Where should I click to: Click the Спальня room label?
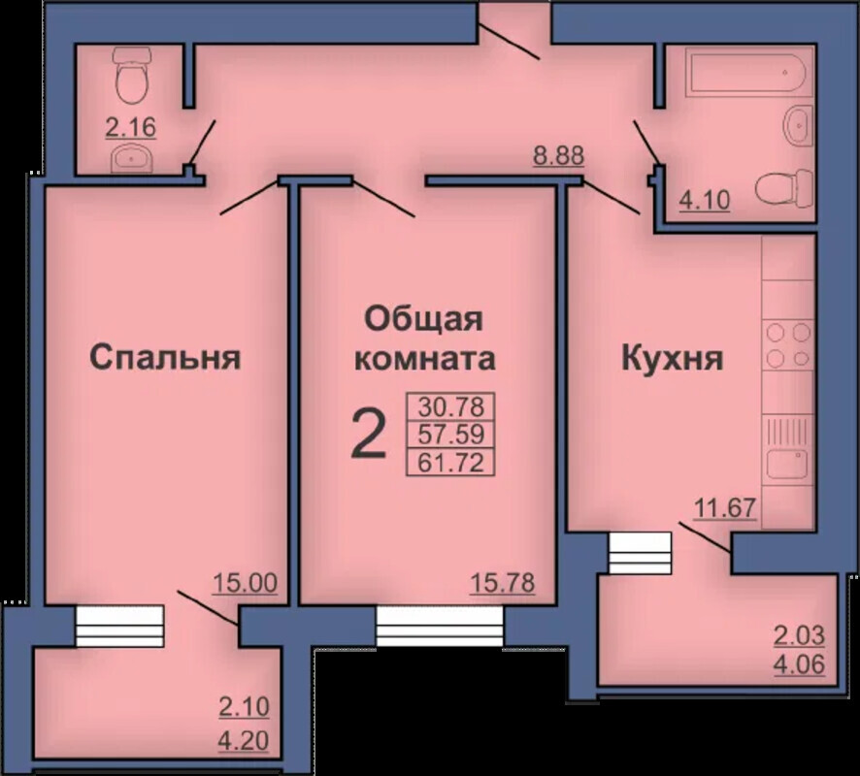[x=165, y=357]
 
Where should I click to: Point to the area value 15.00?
[x=246, y=583]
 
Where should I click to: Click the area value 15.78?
[x=503, y=583]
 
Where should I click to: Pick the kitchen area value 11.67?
[x=726, y=507]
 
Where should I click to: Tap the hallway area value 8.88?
[x=559, y=155]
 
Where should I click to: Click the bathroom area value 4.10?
[x=705, y=200]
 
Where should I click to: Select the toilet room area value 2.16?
[x=130, y=128]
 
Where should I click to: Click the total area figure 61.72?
[x=450, y=463]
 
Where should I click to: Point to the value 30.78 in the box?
[x=450, y=407]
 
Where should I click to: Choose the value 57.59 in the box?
[x=450, y=435]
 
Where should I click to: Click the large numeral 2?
[x=369, y=434]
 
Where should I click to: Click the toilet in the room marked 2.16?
[x=132, y=76]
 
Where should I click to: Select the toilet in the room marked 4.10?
[x=784, y=187]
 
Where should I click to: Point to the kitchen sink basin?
[x=787, y=465]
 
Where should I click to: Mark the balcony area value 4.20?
[x=243, y=741]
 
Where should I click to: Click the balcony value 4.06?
[x=799, y=664]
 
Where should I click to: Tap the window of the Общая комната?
[x=440, y=626]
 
